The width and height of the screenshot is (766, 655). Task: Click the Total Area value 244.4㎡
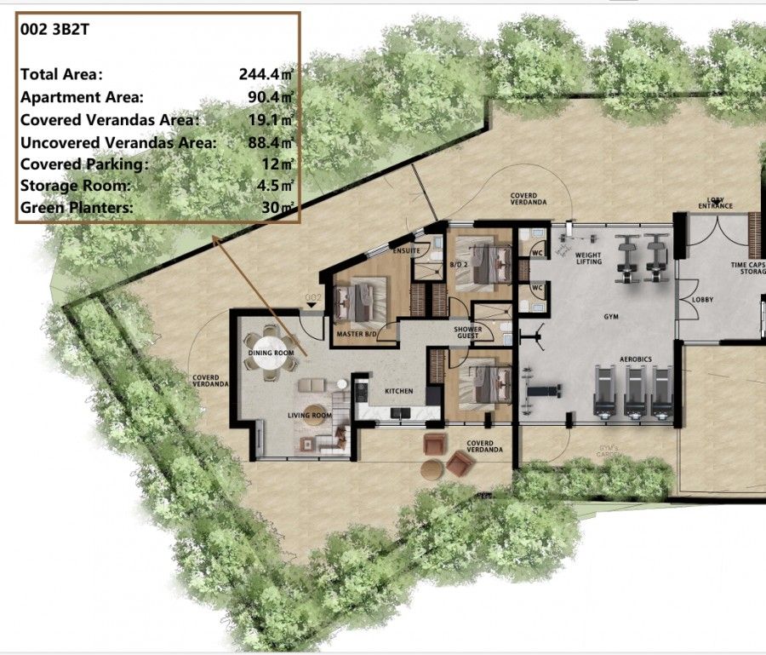point(266,74)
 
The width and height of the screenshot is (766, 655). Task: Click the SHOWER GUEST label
point(467,332)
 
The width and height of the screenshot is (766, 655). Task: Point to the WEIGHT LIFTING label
point(588,258)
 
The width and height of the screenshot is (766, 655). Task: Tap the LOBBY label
point(702,300)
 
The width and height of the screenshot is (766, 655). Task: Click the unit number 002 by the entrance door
point(312,297)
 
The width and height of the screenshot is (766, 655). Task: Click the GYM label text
point(611,316)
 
